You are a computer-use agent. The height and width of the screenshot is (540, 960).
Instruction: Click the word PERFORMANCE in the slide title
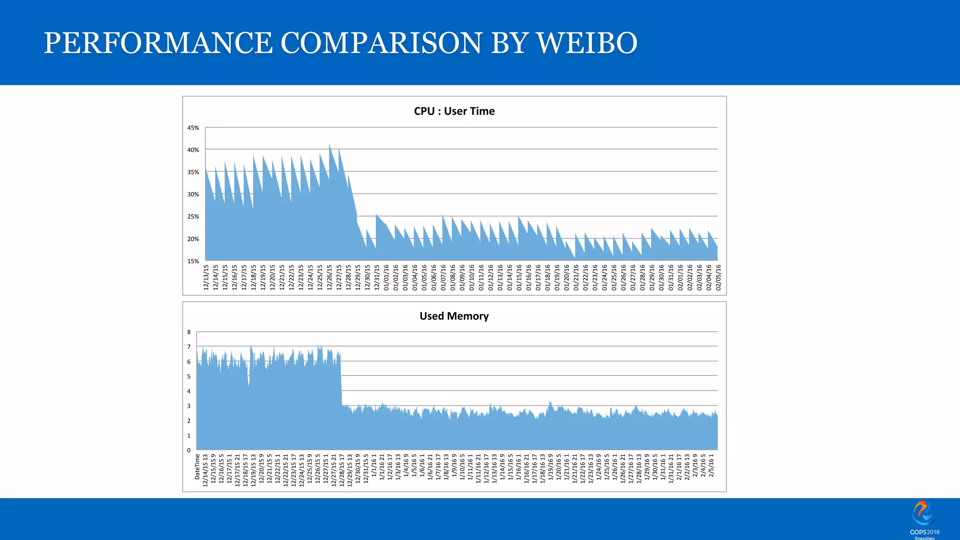(158, 43)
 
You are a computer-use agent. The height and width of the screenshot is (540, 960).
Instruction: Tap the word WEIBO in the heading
(587, 43)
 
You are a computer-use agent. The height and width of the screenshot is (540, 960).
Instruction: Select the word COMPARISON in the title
(381, 43)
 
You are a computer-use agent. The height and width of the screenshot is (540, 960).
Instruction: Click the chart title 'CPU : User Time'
(454, 111)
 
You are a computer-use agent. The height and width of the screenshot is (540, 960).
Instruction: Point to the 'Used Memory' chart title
(454, 316)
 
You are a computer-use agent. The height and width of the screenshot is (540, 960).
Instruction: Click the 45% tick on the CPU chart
(193, 127)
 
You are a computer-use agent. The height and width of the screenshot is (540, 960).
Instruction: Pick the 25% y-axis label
(193, 217)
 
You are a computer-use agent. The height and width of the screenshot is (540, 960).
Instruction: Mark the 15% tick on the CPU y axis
(193, 261)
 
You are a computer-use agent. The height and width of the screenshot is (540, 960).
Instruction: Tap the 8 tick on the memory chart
(189, 332)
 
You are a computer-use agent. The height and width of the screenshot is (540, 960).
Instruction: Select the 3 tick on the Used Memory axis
(189, 406)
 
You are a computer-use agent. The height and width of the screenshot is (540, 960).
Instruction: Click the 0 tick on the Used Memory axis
(189, 450)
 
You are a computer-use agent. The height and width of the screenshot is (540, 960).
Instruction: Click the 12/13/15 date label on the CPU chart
(206, 277)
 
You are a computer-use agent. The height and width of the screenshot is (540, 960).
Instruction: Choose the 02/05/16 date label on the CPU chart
(718, 277)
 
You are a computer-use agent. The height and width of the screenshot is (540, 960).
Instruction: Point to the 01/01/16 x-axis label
(386, 277)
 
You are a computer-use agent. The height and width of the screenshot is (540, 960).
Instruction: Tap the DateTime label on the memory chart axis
(197, 466)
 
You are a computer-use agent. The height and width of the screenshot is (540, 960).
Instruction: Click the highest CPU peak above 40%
(330, 145)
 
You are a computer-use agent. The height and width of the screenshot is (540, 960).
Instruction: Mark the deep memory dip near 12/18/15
(248, 385)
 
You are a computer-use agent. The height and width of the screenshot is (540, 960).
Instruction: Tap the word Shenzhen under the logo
(924, 538)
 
